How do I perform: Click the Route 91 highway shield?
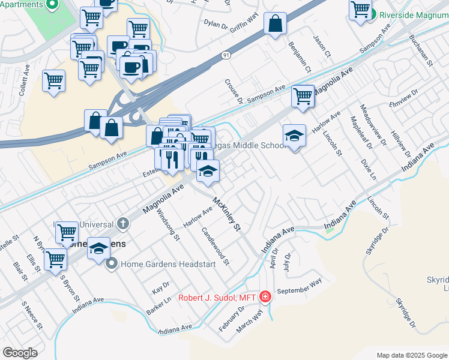pyautogui.click(x=224, y=55)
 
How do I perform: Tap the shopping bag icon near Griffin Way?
pyautogui.click(x=275, y=25)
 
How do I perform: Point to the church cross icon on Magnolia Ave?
pyautogui.click(x=123, y=224)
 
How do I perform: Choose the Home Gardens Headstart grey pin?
pyautogui.click(x=112, y=263)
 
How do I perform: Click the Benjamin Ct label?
pyautogui.click(x=300, y=57)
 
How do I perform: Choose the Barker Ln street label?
pyautogui.click(x=159, y=305)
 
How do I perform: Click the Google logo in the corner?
pyautogui.click(x=20, y=353)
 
